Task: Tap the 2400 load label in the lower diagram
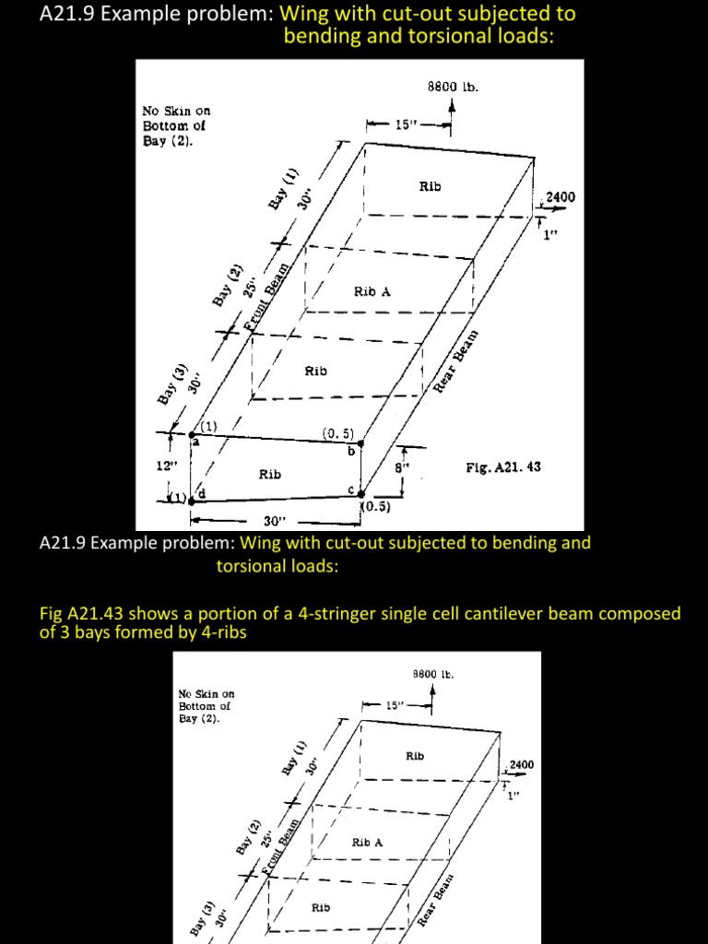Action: click(520, 765)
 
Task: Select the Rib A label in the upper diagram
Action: click(372, 291)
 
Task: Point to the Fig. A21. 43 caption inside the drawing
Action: click(503, 467)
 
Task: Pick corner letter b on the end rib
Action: click(350, 450)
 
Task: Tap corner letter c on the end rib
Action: click(350, 489)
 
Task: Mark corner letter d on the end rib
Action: click(201, 496)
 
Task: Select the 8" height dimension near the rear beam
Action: click(400, 467)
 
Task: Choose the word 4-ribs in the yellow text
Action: click(222, 633)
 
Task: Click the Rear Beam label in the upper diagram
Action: click(458, 360)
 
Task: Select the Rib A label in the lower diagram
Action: click(367, 843)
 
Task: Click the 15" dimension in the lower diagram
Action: click(394, 705)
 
